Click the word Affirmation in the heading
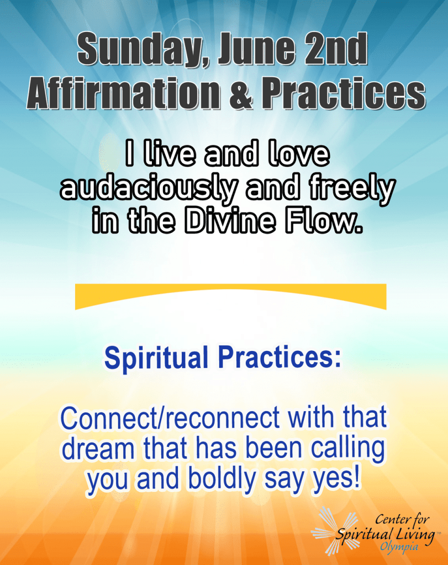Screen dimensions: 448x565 124,93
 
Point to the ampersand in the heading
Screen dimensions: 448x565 241,94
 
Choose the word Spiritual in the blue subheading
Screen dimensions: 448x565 156,358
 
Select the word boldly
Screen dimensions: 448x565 222,478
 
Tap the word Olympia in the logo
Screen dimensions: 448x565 399,547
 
